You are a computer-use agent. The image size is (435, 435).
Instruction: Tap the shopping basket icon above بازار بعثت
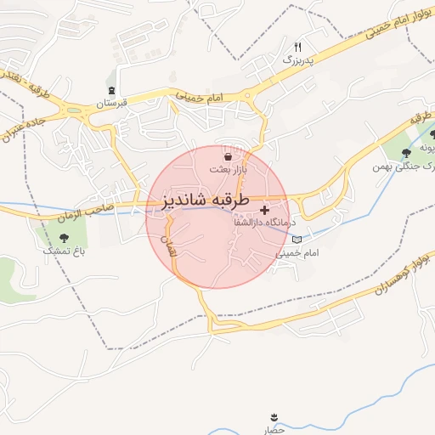click(x=228, y=157)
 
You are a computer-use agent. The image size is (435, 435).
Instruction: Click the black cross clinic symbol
click(x=265, y=209)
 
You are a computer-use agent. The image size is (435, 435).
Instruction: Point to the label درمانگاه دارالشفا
click(x=263, y=222)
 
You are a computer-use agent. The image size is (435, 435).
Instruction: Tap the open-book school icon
click(x=296, y=240)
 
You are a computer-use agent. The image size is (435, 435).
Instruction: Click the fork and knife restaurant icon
click(x=297, y=47)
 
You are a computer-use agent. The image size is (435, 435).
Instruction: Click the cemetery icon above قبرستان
click(x=111, y=90)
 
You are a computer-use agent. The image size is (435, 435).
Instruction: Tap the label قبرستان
click(x=111, y=103)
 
